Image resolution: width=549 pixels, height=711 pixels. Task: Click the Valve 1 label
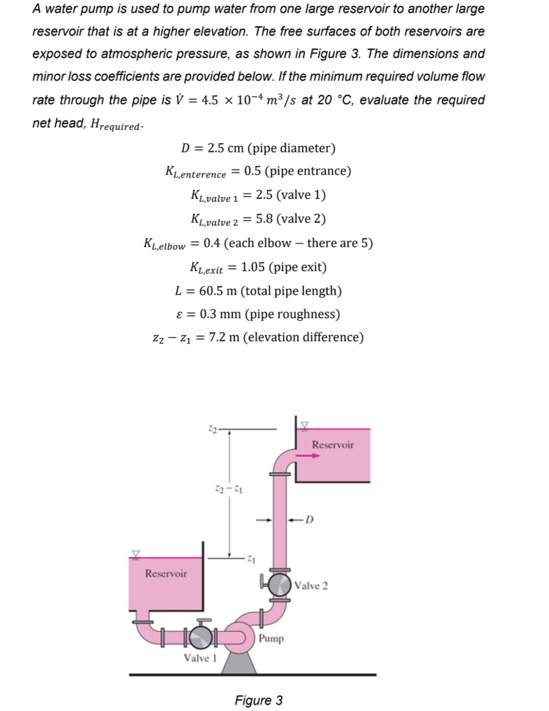pos(200,658)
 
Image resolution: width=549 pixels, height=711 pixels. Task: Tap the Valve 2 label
pos(311,585)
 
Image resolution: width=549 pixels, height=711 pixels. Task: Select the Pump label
pos(271,639)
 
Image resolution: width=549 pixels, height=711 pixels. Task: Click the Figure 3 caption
pos(258,700)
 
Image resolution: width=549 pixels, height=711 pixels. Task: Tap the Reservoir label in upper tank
pos(333,444)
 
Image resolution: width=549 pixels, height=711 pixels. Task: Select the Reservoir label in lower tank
pos(166,573)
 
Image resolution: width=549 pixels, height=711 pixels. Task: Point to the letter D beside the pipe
pos(309,519)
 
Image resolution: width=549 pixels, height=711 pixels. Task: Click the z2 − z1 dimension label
pos(230,488)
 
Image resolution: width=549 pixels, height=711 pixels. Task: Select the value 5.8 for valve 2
pos(264,219)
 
